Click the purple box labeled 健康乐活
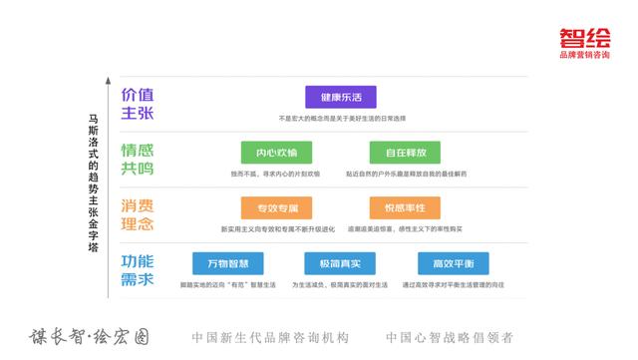pyautogui.click(x=342, y=99)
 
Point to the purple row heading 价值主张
pyautogui.click(x=138, y=103)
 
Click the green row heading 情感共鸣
pyautogui.click(x=138, y=160)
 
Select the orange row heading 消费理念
pyautogui.click(x=138, y=214)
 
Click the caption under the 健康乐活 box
pyautogui.click(x=342, y=120)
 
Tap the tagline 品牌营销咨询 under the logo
pyautogui.click(x=585, y=55)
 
